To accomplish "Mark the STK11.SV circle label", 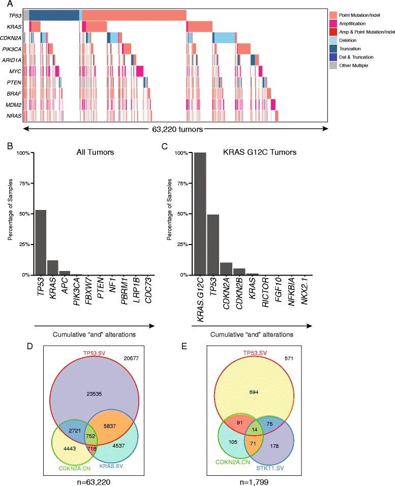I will [x=306, y=462].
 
